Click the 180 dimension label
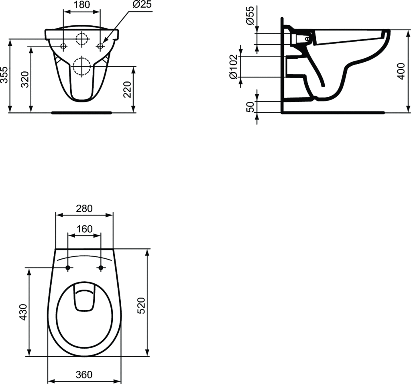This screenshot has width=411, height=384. pos(82,4)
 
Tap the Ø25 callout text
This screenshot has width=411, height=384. pos(142,4)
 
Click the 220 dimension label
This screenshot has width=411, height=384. pos(127,89)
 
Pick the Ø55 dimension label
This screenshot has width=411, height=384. pos(250,16)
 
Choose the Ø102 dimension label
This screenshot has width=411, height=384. pos(233,67)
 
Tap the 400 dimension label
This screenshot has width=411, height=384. pos(401,71)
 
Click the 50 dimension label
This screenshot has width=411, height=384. pos(250,107)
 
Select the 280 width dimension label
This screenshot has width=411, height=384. pos(84,208)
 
